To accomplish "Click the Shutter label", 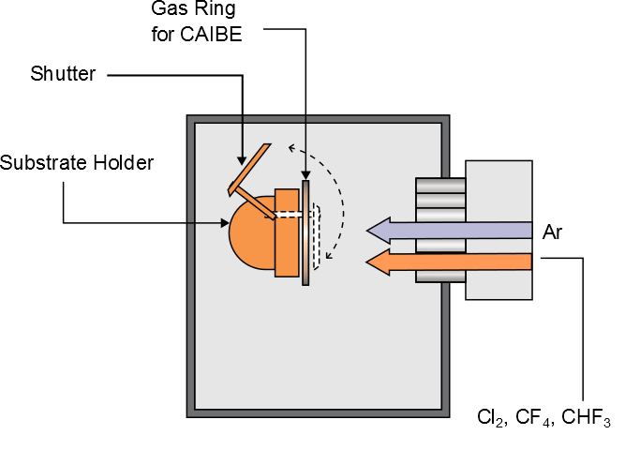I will tap(62, 74).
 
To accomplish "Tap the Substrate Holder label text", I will tap(77, 162).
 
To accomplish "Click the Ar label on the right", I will tap(553, 231).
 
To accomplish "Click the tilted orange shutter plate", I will tap(249, 169).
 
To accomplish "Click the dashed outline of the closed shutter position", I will tap(317, 236).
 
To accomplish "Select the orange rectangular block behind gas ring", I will tap(286, 234).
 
